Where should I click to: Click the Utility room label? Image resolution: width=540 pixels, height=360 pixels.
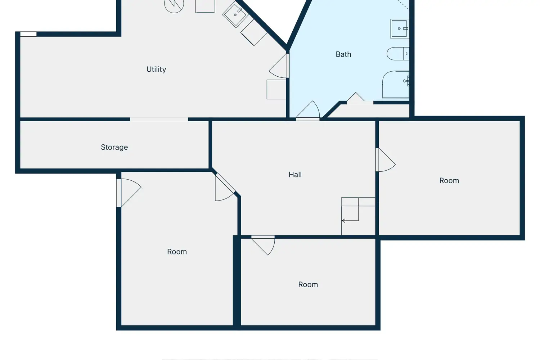[156, 69]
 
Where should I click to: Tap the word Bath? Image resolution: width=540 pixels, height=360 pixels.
[343, 54]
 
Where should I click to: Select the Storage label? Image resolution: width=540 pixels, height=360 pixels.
[114, 147]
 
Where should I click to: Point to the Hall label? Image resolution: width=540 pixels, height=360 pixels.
[295, 174]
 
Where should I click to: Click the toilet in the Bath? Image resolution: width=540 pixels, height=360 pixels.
[398, 54]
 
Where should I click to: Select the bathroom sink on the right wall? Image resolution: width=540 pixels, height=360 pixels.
[400, 28]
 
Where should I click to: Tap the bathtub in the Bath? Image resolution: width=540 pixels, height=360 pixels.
[396, 84]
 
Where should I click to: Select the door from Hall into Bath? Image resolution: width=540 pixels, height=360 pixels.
[308, 111]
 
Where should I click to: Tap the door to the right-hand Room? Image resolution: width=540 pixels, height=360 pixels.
[385, 159]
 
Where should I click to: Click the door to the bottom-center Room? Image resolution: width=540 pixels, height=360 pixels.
[263, 245]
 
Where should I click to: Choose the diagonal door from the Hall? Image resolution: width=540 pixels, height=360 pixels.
[224, 188]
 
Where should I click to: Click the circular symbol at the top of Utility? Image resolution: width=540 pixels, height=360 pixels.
[174, 4]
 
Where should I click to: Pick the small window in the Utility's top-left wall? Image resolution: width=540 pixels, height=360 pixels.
[28, 34]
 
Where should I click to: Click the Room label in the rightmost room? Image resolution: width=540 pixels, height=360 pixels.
[449, 181]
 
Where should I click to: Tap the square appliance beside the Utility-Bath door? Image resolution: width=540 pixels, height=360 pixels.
[276, 89]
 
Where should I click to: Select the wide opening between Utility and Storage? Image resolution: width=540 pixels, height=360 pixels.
[159, 120]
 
